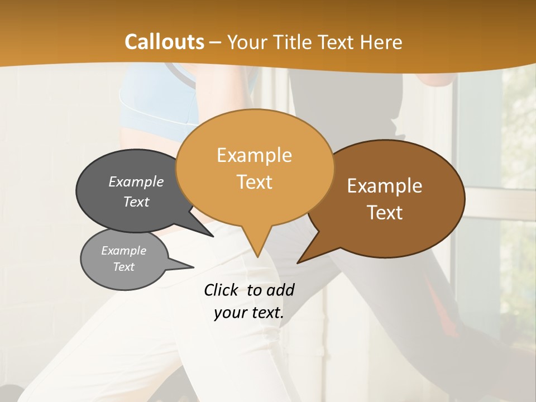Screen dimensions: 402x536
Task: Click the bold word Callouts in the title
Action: [164, 42]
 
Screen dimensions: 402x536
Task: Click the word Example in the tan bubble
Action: [254, 155]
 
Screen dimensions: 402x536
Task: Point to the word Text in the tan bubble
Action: [254, 182]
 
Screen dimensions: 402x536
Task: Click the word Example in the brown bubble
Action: [385, 186]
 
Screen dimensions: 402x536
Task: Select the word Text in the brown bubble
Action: [385, 213]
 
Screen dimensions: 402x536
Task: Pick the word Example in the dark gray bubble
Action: [136, 181]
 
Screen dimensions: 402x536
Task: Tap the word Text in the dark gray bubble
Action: [136, 202]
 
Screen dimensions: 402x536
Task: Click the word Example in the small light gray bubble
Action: [123, 251]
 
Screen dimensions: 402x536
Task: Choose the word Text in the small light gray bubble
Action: [123, 267]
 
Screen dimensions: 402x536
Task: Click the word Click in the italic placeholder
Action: [222, 290]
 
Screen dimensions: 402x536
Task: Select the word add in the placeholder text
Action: [280, 290]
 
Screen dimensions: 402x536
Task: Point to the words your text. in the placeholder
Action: [248, 313]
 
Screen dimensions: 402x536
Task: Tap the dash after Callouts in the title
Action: [217, 42]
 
